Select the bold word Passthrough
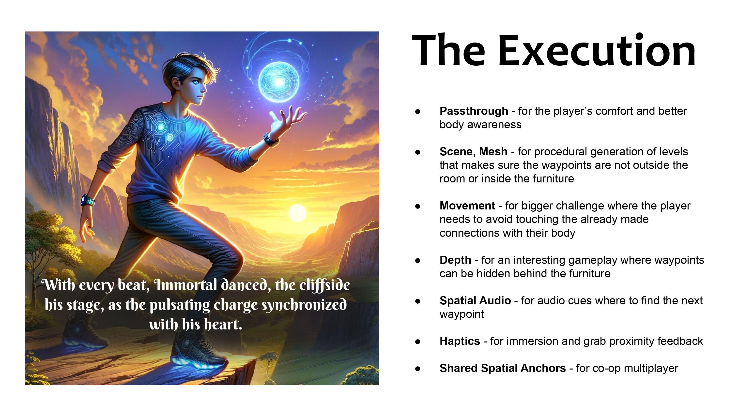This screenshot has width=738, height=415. coord(474,111)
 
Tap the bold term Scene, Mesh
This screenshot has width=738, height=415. coord(474,152)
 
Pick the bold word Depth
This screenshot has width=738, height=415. coord(456,260)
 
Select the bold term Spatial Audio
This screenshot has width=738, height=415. coord(475,301)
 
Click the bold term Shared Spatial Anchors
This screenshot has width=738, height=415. coord(503,368)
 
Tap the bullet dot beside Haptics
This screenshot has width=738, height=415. coord(418,342)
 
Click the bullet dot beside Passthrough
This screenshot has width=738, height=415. coord(418,111)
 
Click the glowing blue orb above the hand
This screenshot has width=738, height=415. coord(279,82)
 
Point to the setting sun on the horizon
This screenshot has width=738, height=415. coord(297,213)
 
